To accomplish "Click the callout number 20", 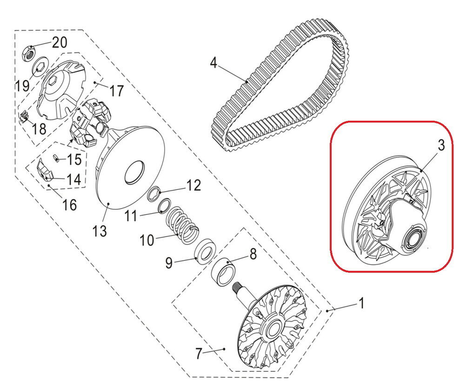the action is tap(60, 43).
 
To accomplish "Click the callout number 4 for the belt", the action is tap(213, 63).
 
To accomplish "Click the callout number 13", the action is tap(100, 231).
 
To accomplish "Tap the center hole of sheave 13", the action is tap(135, 172).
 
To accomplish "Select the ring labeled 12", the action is tap(155, 194).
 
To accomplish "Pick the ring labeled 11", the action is tap(165, 207).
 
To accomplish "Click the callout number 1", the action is tap(361, 304).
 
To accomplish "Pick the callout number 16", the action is tap(70, 205).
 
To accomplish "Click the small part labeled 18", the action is tap(23, 115).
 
